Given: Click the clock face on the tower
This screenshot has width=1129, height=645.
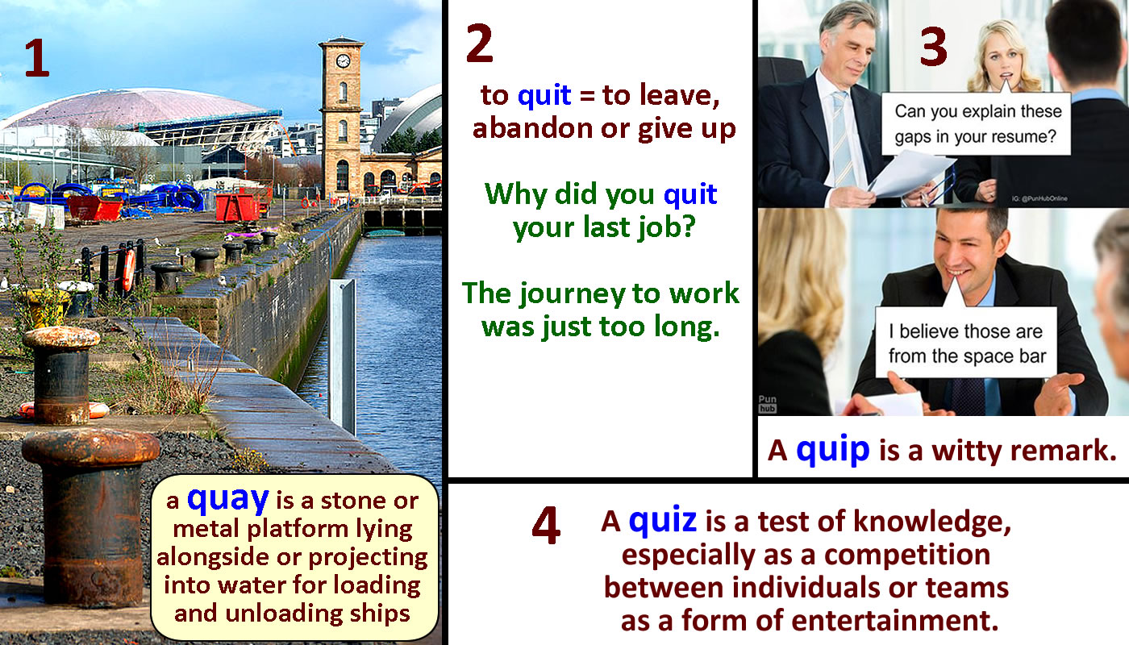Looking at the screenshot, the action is click(x=343, y=61).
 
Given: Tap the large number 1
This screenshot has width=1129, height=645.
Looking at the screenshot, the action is click(x=38, y=58).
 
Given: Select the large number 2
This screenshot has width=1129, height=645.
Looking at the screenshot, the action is click(x=479, y=44).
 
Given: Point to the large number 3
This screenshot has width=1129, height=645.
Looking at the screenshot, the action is click(x=934, y=47).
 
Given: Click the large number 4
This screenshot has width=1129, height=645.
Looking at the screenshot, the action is click(x=546, y=525).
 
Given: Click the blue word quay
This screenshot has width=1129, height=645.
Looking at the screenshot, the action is click(x=227, y=500).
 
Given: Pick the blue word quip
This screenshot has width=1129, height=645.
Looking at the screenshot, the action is click(x=832, y=450).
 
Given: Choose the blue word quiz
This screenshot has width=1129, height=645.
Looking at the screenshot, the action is click(x=663, y=520).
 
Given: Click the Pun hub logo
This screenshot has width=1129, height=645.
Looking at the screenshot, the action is click(x=767, y=404).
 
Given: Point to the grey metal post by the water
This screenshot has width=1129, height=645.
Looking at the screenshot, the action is click(x=343, y=356).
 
